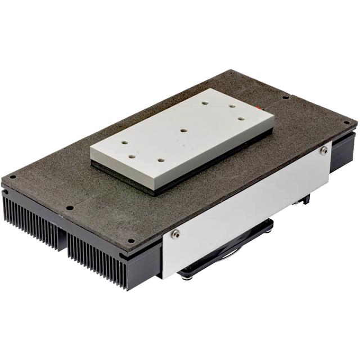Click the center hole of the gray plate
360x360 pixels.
pyautogui.click(x=183, y=130)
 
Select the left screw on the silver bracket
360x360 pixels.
pyautogui.click(x=176, y=233)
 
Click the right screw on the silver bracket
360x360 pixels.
pyautogui.click(x=323, y=151)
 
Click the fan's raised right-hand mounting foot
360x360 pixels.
pyautogui.click(x=269, y=224)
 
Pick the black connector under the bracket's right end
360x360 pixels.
pyautogui.click(x=306, y=199)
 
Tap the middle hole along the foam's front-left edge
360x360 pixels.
pyautogui.click(x=69, y=208)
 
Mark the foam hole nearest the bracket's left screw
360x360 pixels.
pyautogui.click(x=131, y=241)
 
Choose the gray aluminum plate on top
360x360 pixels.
pyautogui.click(x=180, y=135)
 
